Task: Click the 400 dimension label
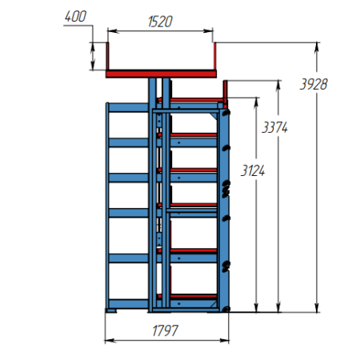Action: (x=75, y=17)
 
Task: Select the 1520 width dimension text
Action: (x=160, y=22)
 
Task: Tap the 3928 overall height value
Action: (x=314, y=85)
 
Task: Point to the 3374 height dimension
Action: (x=275, y=127)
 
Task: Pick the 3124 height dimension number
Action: (x=253, y=170)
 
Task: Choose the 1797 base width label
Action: (x=165, y=330)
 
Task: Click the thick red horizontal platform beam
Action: (x=161, y=74)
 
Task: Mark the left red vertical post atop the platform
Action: (x=107, y=56)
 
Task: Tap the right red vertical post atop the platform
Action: (x=215, y=56)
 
